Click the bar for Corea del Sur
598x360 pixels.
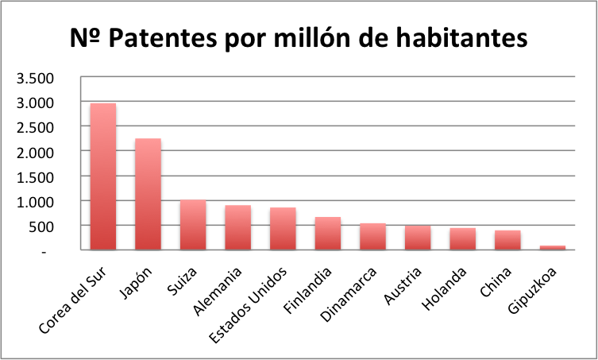103,176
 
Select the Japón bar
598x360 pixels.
148,194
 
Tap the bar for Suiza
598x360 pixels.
193,225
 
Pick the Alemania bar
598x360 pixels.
237,227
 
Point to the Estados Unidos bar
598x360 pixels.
283,229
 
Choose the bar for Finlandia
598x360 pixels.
327,234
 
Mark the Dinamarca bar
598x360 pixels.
372,237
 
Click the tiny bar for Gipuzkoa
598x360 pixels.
552,247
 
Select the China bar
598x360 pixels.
507,240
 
